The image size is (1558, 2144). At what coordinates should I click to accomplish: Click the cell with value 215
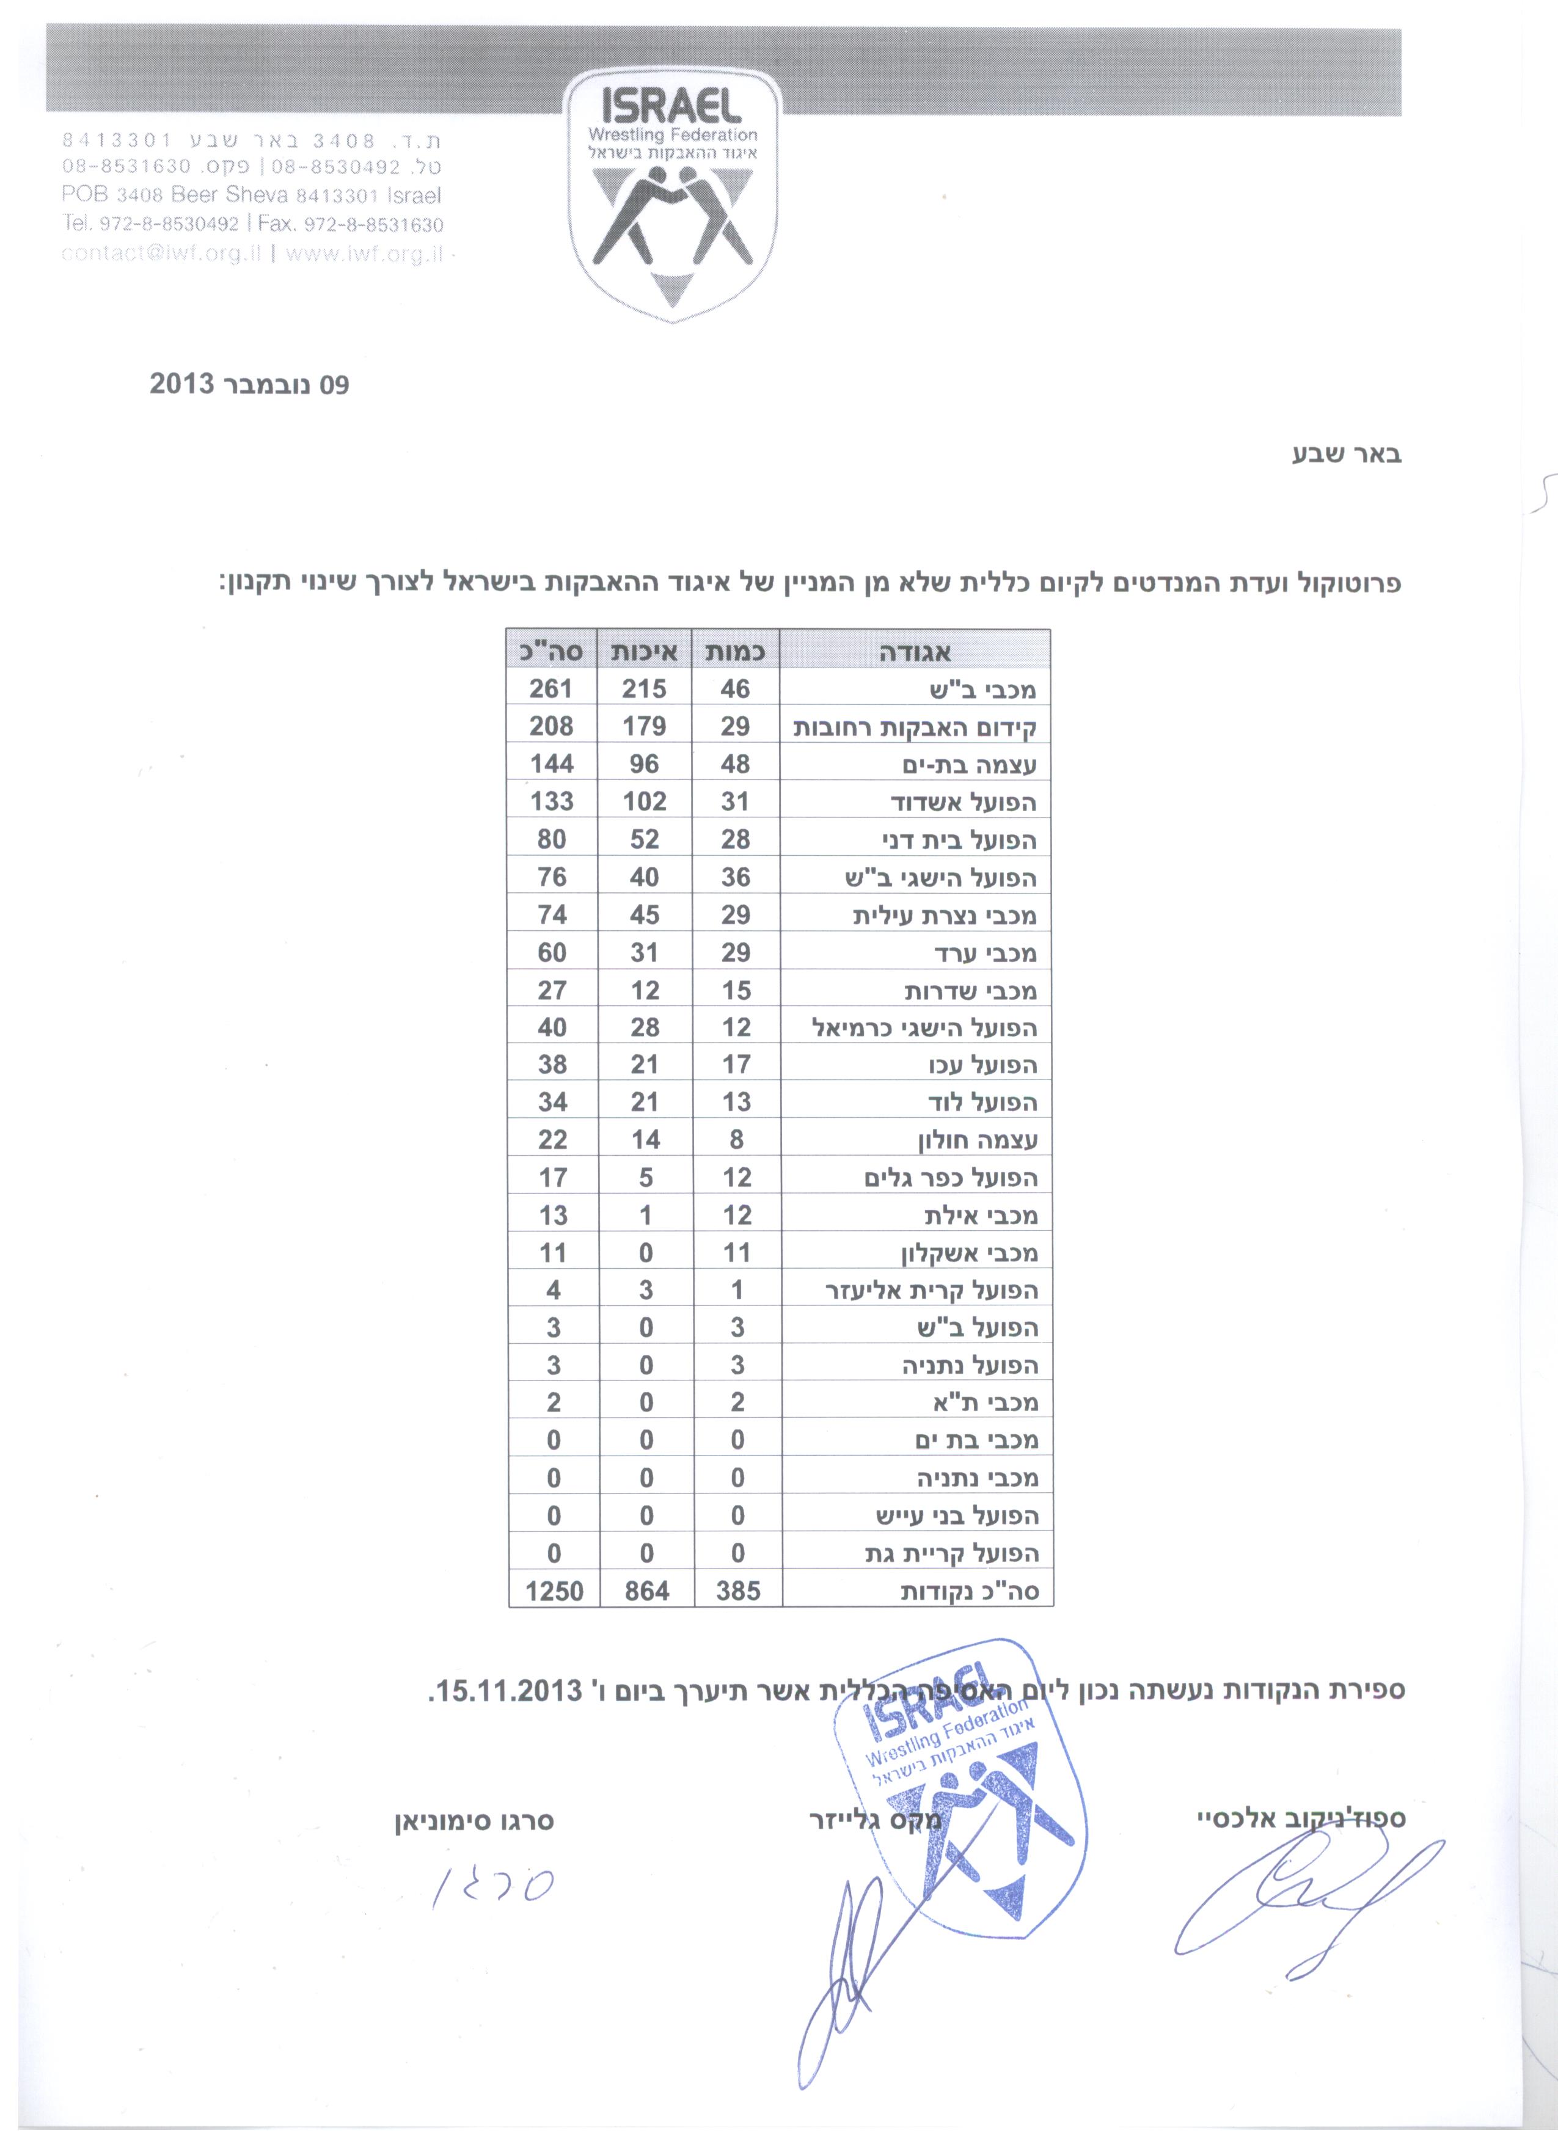(644, 688)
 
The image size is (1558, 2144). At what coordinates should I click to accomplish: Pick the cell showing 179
(644, 726)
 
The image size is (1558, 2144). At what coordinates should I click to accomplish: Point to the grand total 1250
(554, 1591)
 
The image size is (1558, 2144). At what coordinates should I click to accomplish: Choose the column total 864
(646, 1591)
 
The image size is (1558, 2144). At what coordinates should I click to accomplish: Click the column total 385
(737, 1591)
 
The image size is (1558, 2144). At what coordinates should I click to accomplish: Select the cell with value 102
(644, 801)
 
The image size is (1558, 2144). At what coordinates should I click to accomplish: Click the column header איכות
(644, 651)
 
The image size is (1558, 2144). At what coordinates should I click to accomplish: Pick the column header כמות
(736, 651)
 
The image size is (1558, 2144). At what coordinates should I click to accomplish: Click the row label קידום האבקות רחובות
(915, 727)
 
